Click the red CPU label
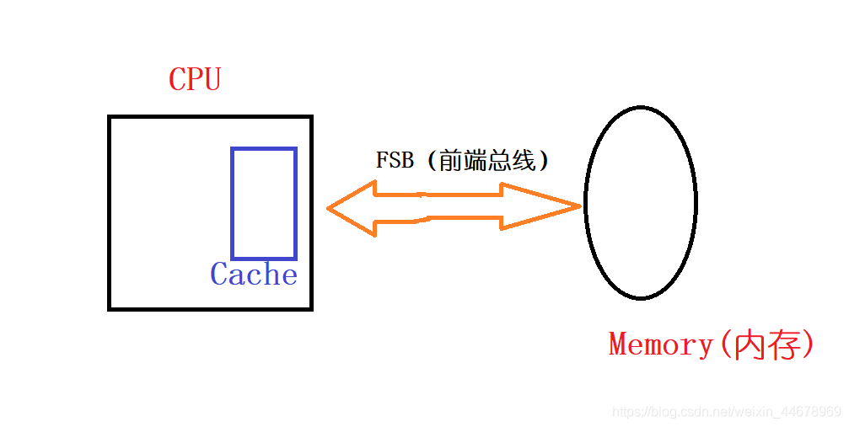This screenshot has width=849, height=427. click(195, 80)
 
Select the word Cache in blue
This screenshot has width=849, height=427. click(254, 275)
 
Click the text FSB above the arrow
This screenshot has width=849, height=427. click(395, 161)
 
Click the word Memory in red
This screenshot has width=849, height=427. click(661, 344)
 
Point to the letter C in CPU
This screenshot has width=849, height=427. click(178, 80)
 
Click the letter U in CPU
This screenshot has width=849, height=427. click(212, 80)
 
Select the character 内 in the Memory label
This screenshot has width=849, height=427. click(750, 345)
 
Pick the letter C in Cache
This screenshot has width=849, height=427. click(220, 275)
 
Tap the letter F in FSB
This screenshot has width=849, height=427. click(382, 161)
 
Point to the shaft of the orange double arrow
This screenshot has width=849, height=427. click(438, 207)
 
